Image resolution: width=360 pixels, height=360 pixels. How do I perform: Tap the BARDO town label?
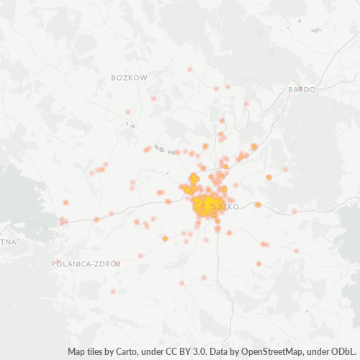pyautogui.click(x=302, y=89)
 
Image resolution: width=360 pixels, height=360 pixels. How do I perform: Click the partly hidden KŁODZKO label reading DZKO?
pyautogui.click(x=227, y=207)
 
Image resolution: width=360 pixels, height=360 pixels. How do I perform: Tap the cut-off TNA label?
pyautogui.click(x=7, y=242)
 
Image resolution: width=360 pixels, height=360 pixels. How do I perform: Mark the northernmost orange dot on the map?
pyautogui.click(x=190, y=69)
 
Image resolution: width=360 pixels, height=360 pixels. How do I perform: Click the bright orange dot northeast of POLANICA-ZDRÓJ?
pyautogui.click(x=165, y=238)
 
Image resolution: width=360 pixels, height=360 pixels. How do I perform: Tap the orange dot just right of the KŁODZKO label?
pyautogui.click(x=258, y=205)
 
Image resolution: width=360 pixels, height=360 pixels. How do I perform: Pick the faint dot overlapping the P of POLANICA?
pyautogui.click(x=58, y=262)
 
